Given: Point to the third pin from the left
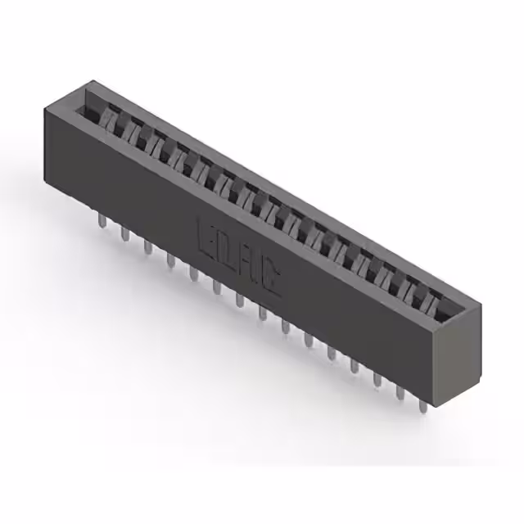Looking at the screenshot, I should [147, 246].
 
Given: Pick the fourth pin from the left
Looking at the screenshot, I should [170, 260].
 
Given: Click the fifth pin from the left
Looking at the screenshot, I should [193, 273].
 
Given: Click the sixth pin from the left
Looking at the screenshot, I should [216, 286].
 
